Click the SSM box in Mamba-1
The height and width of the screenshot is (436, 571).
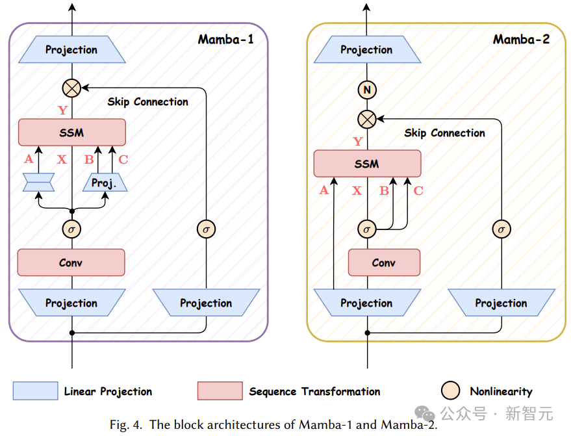(71, 132)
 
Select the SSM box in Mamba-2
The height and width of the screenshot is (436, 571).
(367, 164)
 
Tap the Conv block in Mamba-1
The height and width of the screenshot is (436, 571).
(71, 263)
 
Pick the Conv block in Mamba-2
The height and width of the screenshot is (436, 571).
(384, 263)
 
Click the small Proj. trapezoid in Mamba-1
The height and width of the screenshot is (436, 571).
(104, 183)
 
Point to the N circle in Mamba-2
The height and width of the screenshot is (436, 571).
(367, 91)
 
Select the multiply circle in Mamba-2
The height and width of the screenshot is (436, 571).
(367, 119)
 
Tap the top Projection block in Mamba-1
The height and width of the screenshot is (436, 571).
(71, 50)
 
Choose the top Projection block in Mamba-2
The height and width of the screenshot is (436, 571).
(367, 50)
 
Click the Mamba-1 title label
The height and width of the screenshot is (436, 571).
(225, 40)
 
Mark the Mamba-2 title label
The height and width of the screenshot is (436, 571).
(521, 40)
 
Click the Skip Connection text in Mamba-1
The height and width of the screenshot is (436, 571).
(147, 102)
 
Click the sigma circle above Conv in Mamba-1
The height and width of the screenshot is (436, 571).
(71, 229)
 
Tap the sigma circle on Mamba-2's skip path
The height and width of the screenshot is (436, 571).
(501, 229)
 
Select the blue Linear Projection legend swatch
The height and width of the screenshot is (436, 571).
(35, 391)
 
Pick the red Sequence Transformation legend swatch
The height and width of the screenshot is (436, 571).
(220, 391)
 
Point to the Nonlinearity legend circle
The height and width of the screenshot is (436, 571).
(450, 391)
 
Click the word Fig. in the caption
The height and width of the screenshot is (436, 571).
(120, 425)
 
